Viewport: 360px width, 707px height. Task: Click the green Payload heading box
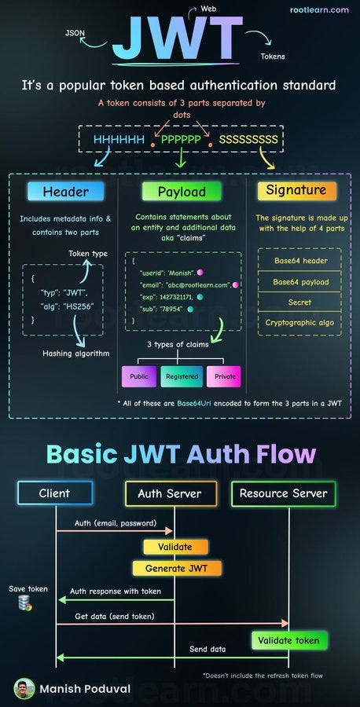pyautogui.click(x=182, y=192)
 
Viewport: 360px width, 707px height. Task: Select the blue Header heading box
pyautogui.click(x=66, y=192)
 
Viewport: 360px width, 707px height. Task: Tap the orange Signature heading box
pyautogui.click(x=296, y=191)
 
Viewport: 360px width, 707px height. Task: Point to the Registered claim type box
pyautogui.click(x=182, y=376)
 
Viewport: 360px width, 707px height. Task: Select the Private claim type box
pyautogui.click(x=225, y=376)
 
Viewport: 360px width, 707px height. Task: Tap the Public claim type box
pyautogui.click(x=139, y=376)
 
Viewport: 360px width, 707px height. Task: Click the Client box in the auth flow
pyautogui.click(x=55, y=493)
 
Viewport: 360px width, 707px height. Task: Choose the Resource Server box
pyautogui.click(x=283, y=493)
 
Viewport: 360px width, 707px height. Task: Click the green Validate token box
pyautogui.click(x=289, y=640)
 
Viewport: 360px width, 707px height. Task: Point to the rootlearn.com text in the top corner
pyautogui.click(x=319, y=10)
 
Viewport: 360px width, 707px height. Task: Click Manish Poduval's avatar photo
pyautogui.click(x=25, y=688)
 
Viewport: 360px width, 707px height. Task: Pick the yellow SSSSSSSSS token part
pyautogui.click(x=248, y=140)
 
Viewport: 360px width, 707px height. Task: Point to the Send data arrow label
pyautogui.click(x=208, y=650)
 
